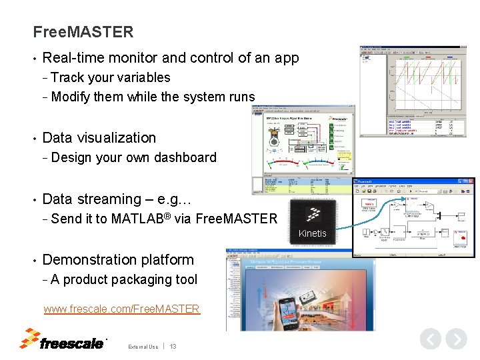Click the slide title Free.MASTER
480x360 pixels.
83,31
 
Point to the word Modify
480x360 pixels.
71,97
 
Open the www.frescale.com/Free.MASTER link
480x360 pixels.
121,309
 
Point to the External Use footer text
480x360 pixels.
143,347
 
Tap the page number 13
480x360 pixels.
173,347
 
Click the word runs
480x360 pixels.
241,97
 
